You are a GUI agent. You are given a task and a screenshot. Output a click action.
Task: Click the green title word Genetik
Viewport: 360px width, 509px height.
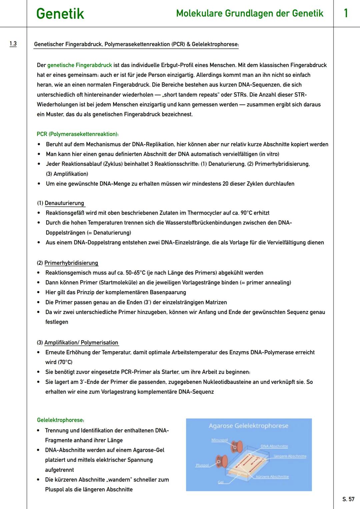click(x=60, y=14)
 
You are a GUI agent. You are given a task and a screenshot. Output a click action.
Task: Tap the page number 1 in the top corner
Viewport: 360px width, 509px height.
click(x=346, y=13)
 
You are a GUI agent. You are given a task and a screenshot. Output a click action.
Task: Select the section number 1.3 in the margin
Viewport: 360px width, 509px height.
click(x=13, y=44)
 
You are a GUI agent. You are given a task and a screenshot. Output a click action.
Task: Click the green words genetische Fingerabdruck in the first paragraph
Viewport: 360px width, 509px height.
click(x=80, y=65)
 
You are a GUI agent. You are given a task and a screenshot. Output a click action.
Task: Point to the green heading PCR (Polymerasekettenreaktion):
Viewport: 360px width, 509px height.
click(x=78, y=134)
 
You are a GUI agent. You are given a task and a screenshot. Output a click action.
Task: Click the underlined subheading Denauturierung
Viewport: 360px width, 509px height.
click(x=64, y=203)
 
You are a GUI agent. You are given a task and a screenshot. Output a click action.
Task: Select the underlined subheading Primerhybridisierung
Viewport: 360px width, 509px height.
click(x=71, y=263)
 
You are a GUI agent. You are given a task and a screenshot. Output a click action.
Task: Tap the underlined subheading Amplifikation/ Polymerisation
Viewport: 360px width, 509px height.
click(x=81, y=343)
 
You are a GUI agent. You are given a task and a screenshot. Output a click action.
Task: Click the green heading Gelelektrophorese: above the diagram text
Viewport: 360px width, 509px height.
click(x=61, y=420)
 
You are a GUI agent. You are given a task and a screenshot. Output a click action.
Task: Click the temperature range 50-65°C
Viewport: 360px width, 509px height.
click(x=135, y=273)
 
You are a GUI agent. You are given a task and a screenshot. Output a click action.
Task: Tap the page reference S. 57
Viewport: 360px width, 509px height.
click(x=348, y=499)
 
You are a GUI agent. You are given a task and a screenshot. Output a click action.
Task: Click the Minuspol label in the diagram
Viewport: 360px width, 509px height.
click(x=219, y=440)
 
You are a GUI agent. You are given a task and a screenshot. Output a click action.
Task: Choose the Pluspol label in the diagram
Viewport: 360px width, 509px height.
click(x=202, y=465)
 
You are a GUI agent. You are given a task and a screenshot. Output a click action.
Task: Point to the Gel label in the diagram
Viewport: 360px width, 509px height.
click(x=221, y=482)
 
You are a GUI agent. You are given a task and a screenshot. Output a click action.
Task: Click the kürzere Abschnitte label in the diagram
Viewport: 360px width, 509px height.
click(x=272, y=477)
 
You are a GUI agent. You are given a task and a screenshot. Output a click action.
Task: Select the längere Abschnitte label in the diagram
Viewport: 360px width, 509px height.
click(x=290, y=456)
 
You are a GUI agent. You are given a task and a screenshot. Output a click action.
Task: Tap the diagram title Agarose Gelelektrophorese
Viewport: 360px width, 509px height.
click(x=248, y=426)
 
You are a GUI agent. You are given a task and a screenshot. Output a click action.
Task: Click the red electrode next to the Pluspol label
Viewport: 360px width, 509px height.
click(x=222, y=462)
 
